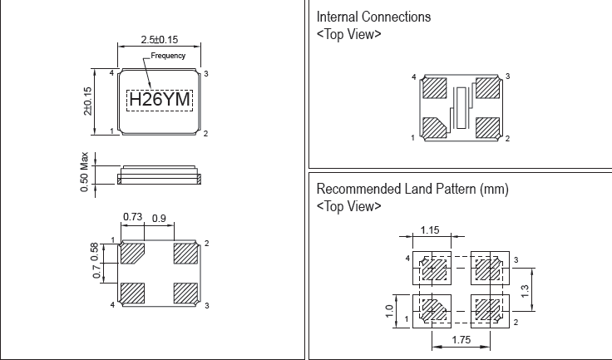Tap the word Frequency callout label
[x=167, y=56]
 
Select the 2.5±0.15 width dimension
[x=160, y=39]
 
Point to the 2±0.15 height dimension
[x=87, y=101]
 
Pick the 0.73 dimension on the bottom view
[x=132, y=217]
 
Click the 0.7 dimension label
[x=96, y=271]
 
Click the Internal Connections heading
[x=374, y=17]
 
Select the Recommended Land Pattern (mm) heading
[x=412, y=189]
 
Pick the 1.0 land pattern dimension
[x=389, y=311]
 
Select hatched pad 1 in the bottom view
[x=133, y=253]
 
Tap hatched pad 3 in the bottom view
[x=185, y=293]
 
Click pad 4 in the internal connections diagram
[x=435, y=87]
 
